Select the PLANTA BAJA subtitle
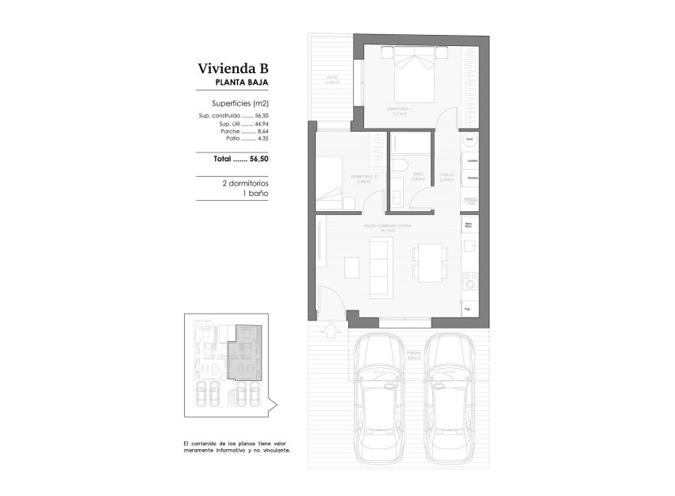[x=242, y=83]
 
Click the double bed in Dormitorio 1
[x=412, y=74]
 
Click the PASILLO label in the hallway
[x=447, y=175]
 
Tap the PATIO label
[x=332, y=79]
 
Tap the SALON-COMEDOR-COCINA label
[x=388, y=226]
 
